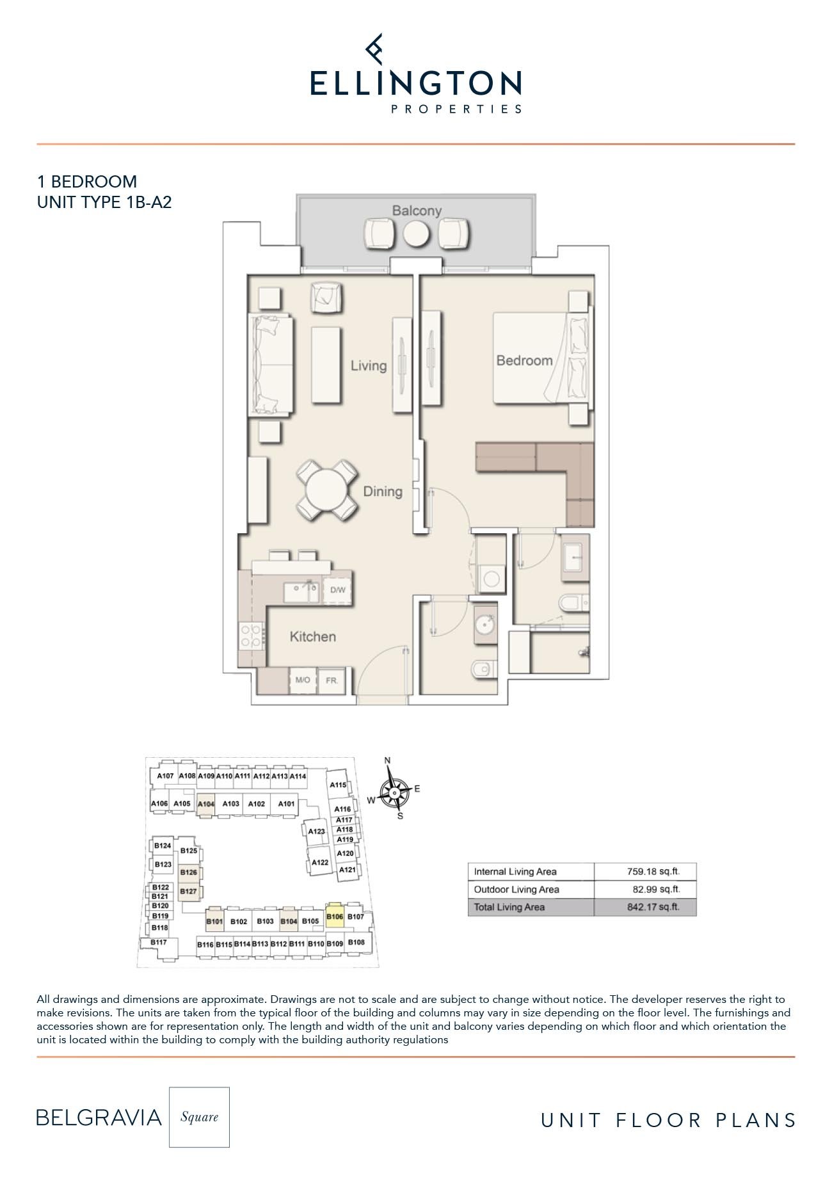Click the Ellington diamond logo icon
point(374,49)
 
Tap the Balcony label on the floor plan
point(417,211)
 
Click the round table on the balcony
point(416,234)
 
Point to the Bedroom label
point(524,360)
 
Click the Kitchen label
point(312,636)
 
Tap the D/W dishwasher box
point(337,589)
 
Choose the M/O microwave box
point(303,680)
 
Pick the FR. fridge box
point(332,680)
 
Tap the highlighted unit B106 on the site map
point(335,916)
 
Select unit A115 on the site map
point(338,785)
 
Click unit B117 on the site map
point(159,942)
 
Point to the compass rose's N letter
point(387,760)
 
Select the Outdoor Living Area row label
point(516,889)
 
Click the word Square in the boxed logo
point(199,1117)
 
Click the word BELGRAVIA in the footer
point(99,1117)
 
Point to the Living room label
point(369,365)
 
